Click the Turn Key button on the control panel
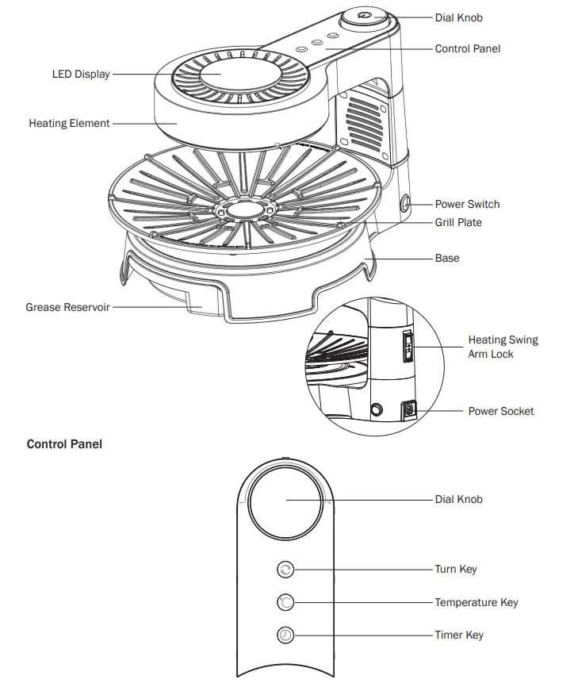(x=286, y=569)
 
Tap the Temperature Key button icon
(x=286, y=603)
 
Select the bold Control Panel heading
(x=64, y=444)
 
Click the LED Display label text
(x=81, y=75)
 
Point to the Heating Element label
(x=69, y=124)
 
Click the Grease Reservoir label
(x=67, y=307)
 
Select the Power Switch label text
(x=467, y=204)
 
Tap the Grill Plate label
(x=458, y=223)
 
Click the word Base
(x=447, y=259)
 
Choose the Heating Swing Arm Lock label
(x=503, y=347)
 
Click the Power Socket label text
(x=501, y=411)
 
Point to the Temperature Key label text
(x=476, y=603)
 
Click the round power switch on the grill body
(x=407, y=204)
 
